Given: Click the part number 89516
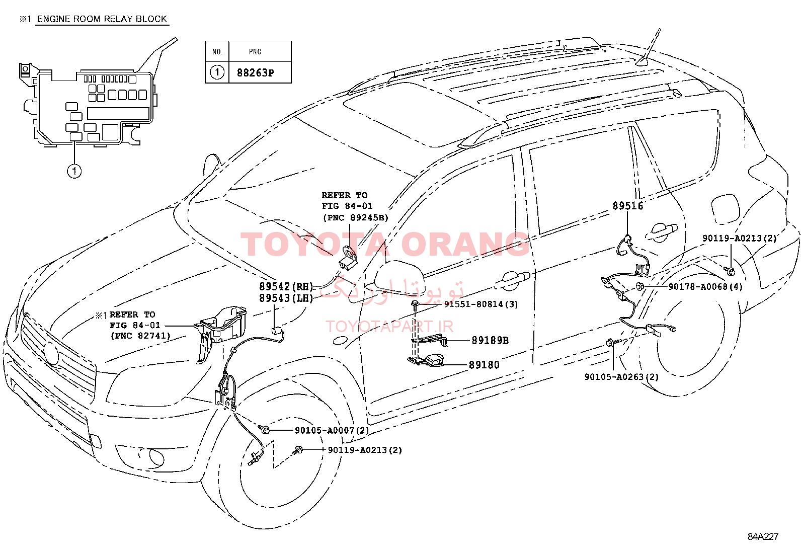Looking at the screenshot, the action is click(627, 206).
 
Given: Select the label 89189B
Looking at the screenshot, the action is click(490, 340).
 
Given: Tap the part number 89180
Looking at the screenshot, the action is click(484, 365).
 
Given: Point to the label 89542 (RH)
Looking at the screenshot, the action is click(286, 286).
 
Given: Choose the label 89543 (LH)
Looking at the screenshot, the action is click(286, 298).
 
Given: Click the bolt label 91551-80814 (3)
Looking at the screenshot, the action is click(481, 304).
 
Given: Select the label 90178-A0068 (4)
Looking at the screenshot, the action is click(705, 286).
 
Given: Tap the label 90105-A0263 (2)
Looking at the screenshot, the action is click(621, 377).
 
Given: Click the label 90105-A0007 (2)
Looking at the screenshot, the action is click(332, 430).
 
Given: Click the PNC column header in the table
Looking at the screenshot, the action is click(255, 52).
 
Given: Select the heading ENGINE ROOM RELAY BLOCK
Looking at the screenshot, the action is click(102, 19).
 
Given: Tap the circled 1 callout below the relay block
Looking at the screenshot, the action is click(74, 171).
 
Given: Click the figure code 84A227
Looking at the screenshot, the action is click(763, 536).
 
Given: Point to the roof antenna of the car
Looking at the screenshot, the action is click(649, 50).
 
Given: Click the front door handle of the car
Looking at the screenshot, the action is click(513, 280).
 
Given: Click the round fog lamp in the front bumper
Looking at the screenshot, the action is click(156, 457).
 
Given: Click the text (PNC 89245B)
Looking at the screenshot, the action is click(355, 217).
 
